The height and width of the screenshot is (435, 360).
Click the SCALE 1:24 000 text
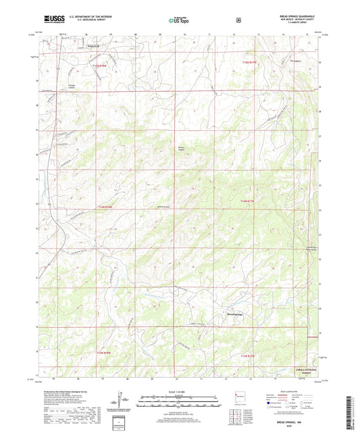click(x=179, y=392)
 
